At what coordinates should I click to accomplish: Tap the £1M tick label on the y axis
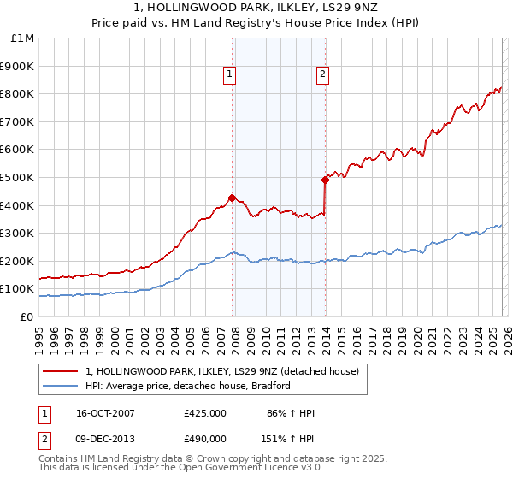(21, 38)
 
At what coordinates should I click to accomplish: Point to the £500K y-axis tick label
(17, 177)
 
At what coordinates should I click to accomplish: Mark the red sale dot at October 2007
(232, 198)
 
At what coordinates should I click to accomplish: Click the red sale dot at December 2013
(325, 180)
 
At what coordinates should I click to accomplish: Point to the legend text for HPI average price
(188, 386)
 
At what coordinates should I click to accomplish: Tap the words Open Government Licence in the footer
(241, 470)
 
